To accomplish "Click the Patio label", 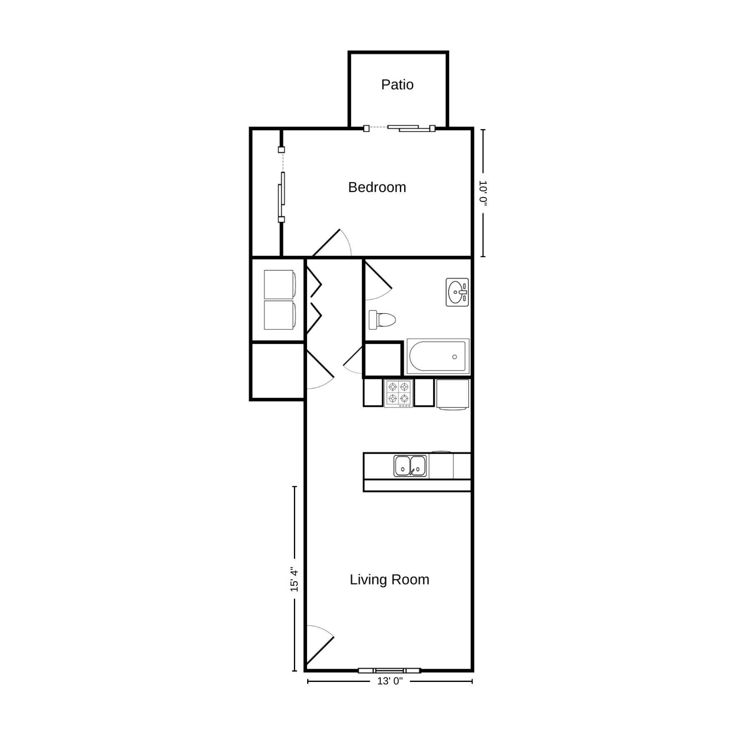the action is pyautogui.click(x=397, y=85).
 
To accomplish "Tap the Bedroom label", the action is pyautogui.click(x=377, y=187).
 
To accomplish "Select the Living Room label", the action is pyautogui.click(x=389, y=580).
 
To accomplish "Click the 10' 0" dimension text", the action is pyautogui.click(x=483, y=193).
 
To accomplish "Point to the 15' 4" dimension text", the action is pyautogui.click(x=294, y=579).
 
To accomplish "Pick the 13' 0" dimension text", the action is pyautogui.click(x=390, y=681).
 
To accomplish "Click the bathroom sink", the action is pyautogui.click(x=457, y=292).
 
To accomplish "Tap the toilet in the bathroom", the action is pyautogui.click(x=382, y=320).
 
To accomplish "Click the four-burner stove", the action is pyautogui.click(x=398, y=393).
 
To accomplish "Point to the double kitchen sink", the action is pyautogui.click(x=410, y=466).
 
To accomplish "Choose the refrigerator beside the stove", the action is pyautogui.click(x=453, y=395).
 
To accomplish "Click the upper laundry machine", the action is pyautogui.click(x=280, y=284).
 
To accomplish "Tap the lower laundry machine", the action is pyautogui.click(x=280, y=315).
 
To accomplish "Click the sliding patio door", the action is pyautogui.click(x=400, y=128).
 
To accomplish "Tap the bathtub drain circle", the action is pyautogui.click(x=454, y=357).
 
